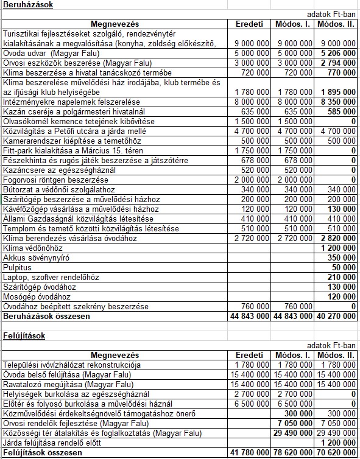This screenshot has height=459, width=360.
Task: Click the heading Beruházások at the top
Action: (x=27, y=5)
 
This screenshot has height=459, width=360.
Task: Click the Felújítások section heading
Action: (x=23, y=335)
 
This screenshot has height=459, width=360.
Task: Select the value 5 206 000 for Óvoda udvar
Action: (x=339, y=53)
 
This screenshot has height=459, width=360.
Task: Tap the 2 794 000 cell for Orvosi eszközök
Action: (x=339, y=63)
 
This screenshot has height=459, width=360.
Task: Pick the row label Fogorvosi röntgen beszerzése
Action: (x=55, y=180)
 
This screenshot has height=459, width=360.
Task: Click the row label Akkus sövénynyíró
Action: (x=35, y=258)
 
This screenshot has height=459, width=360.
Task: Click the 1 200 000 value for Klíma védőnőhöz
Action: (x=339, y=248)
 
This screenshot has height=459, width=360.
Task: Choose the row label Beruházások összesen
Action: (x=46, y=317)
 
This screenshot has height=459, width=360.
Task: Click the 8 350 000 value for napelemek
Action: (x=339, y=102)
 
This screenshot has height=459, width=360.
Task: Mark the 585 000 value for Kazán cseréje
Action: (x=344, y=111)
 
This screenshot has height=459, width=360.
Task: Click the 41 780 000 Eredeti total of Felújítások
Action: (x=250, y=453)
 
